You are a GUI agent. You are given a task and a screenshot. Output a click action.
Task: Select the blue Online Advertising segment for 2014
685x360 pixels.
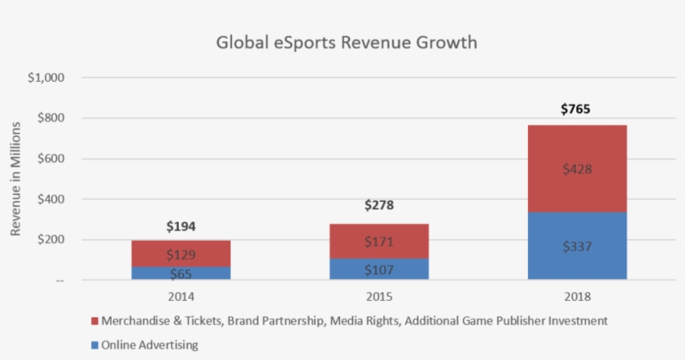[181, 273]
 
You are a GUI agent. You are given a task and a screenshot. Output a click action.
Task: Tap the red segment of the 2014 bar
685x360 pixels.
[181, 253]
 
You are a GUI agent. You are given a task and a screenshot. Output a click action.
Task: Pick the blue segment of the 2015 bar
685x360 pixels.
[379, 269]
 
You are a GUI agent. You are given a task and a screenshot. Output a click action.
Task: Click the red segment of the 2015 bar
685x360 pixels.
[379, 241]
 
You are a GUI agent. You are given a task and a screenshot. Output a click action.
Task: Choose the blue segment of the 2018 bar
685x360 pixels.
[577, 246]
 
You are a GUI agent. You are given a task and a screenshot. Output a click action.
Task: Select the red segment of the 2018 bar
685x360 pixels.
[577, 169]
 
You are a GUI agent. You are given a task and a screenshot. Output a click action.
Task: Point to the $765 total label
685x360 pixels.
[577, 109]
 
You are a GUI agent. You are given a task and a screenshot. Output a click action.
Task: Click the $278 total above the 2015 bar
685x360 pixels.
[379, 205]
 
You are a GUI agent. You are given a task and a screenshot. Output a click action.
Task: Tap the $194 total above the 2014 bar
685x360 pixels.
[181, 226]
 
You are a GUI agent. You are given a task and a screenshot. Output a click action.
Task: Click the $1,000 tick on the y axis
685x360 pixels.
[46, 78]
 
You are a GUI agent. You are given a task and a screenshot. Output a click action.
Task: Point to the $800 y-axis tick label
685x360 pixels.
[51, 118]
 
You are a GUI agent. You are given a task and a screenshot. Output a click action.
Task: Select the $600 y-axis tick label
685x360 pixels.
[51, 159]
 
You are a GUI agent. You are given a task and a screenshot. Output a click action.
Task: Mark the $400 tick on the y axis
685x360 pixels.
[51, 199]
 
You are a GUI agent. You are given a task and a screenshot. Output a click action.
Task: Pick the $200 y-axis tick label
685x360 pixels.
[51, 240]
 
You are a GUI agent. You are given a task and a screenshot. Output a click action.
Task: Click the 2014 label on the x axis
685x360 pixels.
[181, 295]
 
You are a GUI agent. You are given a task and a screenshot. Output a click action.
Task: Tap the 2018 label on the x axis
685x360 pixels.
[577, 295]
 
